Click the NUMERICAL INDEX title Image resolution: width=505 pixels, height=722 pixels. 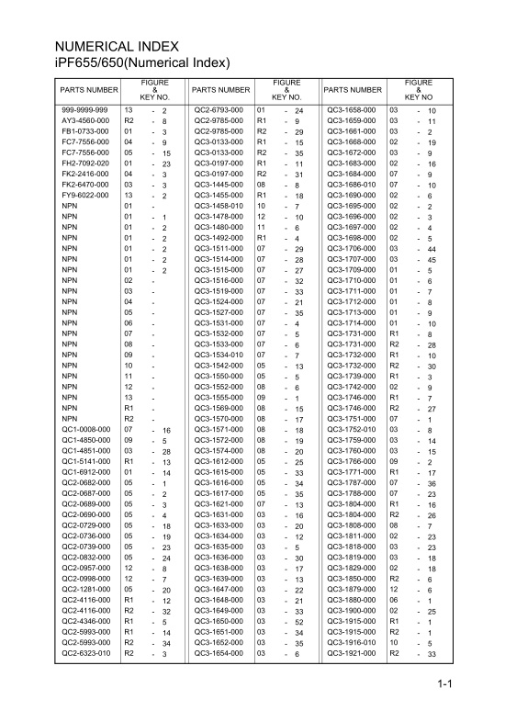pyautogui.click(x=115, y=46)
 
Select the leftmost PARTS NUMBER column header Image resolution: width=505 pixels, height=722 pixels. pyautogui.click(x=89, y=90)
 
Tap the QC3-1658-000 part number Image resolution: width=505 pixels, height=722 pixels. pyautogui.click(x=353, y=110)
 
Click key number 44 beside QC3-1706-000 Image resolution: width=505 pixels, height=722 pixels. pyautogui.click(x=432, y=249)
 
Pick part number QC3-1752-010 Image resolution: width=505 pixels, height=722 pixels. pyautogui.click(x=353, y=429)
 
